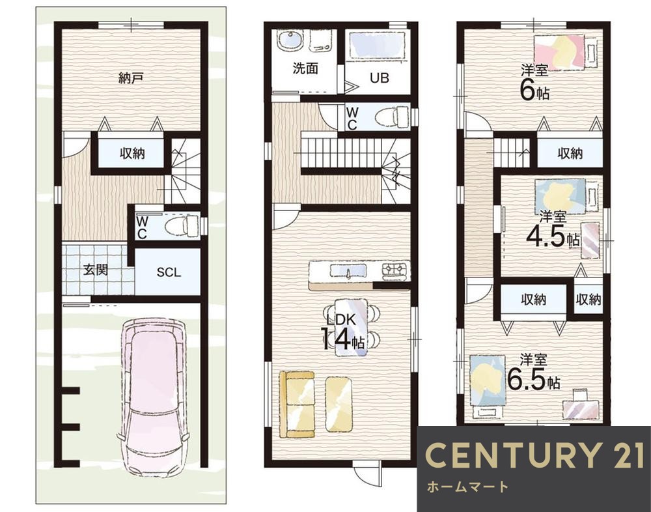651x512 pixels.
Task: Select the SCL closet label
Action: coord(169,272)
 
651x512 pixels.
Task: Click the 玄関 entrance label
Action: coord(96,270)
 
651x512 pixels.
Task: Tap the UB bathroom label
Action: coord(379,78)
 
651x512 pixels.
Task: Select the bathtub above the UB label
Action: coord(378,46)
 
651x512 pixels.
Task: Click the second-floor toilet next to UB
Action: coord(392,117)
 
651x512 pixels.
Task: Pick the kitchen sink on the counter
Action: coord(349,272)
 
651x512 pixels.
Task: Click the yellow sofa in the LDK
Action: coord(296,404)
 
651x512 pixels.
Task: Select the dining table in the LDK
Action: coord(352,327)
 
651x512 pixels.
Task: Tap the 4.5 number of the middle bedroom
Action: coord(546,237)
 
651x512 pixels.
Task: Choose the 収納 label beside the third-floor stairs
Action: coord(570,153)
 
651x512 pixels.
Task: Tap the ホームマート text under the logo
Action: coord(467,486)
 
